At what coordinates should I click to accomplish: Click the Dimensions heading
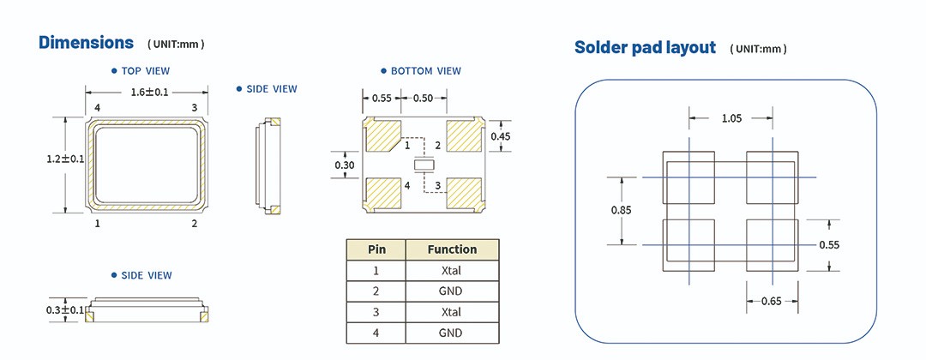[86, 42]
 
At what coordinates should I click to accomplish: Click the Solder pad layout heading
[645, 48]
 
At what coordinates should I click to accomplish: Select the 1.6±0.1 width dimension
[148, 92]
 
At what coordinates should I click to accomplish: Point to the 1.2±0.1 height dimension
[65, 159]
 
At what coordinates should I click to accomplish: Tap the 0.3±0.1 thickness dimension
[65, 309]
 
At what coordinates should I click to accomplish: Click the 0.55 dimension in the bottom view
[382, 99]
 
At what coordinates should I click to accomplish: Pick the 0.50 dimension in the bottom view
[423, 99]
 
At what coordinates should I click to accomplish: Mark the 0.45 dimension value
[500, 136]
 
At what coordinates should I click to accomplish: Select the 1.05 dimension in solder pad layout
[731, 118]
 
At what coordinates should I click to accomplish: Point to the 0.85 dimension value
[622, 210]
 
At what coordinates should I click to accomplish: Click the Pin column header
[376, 249]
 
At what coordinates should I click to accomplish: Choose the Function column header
[452, 249]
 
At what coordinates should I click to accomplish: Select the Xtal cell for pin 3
[452, 312]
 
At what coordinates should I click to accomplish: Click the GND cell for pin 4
[452, 333]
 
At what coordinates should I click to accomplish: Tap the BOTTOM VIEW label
[425, 71]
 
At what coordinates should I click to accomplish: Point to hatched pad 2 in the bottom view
[464, 136]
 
